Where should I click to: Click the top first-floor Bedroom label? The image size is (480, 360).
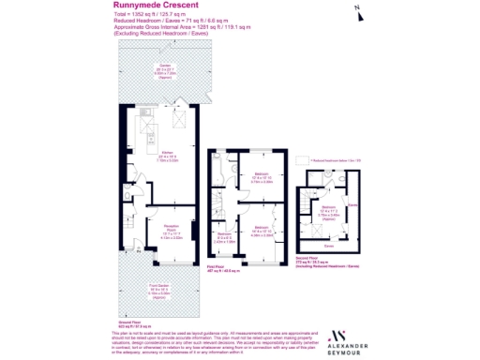click(263, 175)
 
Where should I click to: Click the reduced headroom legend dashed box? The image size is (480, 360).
click(297, 161)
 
